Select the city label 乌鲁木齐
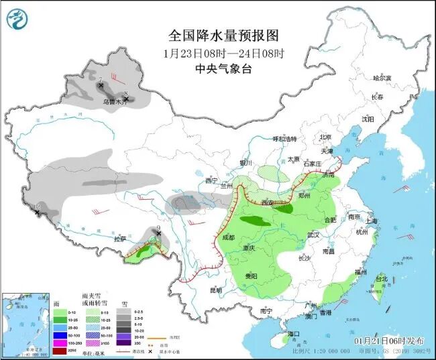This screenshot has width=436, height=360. pos(115,102)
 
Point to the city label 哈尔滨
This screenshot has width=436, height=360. pos(381,78)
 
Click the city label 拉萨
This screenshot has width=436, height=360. pos(120,239)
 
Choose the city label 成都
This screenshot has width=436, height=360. pos(229,237)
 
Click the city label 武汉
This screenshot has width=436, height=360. pos(312,235)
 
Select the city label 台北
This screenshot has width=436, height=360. pos(380,278)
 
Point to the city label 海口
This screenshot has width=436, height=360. pos(292,333)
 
